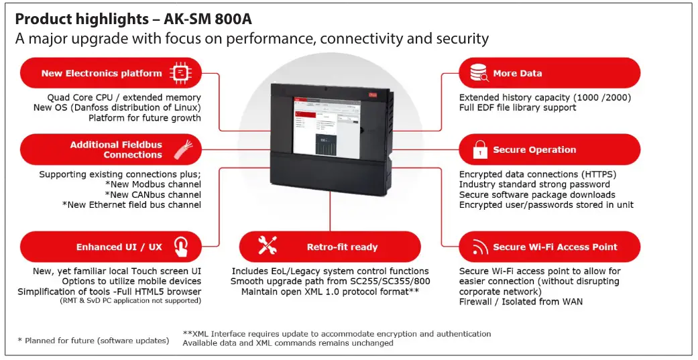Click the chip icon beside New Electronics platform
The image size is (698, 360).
(x=180, y=73)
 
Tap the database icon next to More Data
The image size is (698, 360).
(x=479, y=73)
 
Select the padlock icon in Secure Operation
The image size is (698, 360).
(x=480, y=150)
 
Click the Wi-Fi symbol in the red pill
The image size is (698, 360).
(x=480, y=247)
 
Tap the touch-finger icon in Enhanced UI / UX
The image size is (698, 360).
(x=181, y=247)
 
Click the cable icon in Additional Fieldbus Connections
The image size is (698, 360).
(x=181, y=149)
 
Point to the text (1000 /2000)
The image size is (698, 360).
(x=599, y=97)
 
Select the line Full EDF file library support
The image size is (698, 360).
(x=517, y=107)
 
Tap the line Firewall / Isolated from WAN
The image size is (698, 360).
(x=520, y=302)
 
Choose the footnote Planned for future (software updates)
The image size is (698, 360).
(x=97, y=341)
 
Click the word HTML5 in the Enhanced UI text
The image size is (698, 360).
(x=156, y=292)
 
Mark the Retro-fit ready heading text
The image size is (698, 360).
(x=342, y=247)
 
